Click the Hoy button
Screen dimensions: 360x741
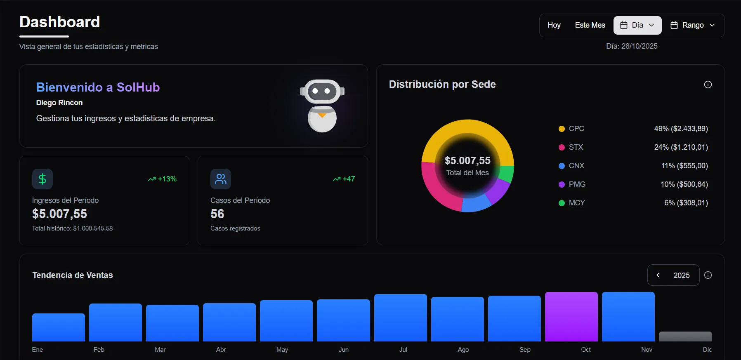point(554,25)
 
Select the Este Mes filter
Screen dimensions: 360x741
point(590,25)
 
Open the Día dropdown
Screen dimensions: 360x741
point(637,25)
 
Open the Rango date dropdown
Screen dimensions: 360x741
point(692,25)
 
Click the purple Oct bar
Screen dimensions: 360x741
point(571,317)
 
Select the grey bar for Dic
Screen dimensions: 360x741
point(685,336)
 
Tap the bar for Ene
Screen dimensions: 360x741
point(58,327)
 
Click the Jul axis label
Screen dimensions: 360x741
point(403,350)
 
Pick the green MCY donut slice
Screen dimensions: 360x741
point(507,173)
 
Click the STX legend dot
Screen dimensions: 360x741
point(562,147)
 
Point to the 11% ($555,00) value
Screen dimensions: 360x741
point(684,166)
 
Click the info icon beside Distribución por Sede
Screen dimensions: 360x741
point(708,85)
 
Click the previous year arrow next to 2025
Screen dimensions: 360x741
point(658,275)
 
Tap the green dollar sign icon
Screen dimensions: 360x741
point(42,179)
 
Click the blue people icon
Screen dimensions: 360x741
point(221,179)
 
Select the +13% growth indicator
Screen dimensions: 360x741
point(163,179)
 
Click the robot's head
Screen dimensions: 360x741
point(322,91)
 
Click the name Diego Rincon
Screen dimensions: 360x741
point(59,103)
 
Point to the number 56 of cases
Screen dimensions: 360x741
point(217,214)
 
